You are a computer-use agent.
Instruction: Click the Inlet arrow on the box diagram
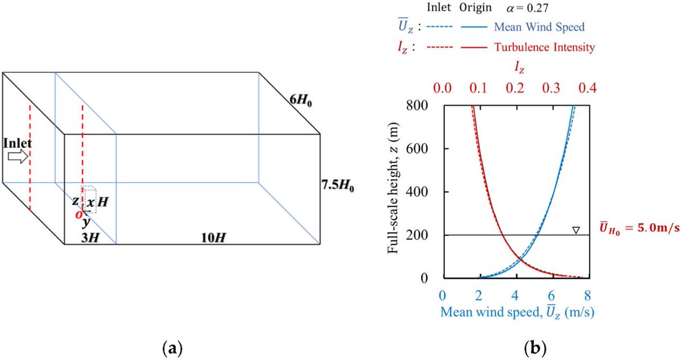pos(18,158)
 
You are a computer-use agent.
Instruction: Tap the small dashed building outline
pos(89,200)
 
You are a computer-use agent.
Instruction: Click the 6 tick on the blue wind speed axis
pos(551,296)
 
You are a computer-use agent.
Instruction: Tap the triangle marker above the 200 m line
pos(576,230)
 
